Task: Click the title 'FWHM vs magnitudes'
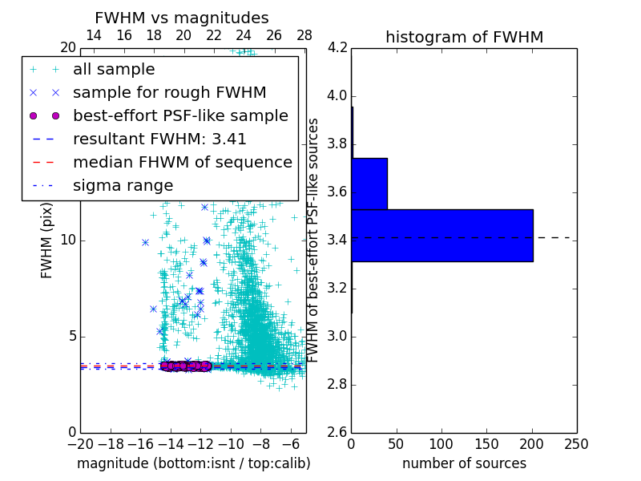182,18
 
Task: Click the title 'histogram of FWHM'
464,37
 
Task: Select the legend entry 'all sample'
114,70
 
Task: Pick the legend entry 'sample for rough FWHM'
169,92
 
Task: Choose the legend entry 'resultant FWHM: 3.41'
159,139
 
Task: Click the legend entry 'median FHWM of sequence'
182,162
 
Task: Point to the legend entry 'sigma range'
123,185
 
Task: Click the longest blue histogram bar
442,235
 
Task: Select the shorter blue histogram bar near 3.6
369,184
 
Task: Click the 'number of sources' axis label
464,463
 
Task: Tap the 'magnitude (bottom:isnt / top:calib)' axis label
193,463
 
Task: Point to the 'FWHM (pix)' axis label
47,240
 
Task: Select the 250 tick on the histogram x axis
576,443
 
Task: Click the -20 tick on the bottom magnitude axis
80,443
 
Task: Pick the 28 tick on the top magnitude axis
304,35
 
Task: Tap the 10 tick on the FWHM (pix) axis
68,240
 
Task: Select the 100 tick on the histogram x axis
441,443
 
